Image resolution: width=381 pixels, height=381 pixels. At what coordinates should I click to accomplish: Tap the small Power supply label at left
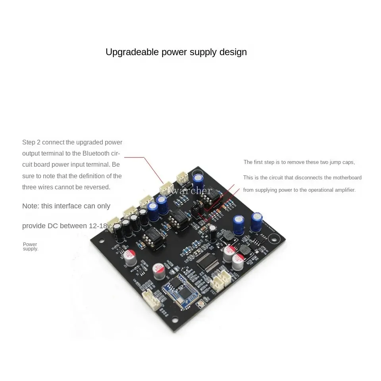(30, 246)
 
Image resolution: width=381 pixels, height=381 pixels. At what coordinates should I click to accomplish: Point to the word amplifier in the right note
(344, 190)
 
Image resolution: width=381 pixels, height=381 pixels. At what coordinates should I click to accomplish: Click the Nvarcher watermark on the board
(190, 191)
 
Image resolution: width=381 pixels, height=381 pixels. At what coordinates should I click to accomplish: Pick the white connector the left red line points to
(166, 187)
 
